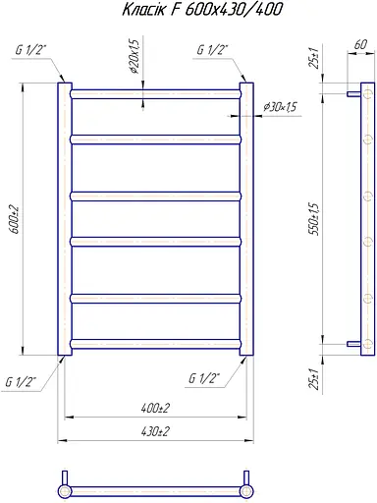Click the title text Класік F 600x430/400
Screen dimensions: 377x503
[202, 10]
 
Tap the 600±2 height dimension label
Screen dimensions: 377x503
[16, 220]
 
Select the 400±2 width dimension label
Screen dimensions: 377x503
[155, 408]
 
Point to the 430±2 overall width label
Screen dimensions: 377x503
[155, 431]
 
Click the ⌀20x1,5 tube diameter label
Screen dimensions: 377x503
[135, 57]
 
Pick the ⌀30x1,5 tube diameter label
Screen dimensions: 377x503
[280, 107]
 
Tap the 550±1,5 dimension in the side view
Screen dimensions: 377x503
[314, 219]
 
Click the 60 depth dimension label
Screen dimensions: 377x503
[360, 44]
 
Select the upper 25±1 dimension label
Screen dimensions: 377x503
[314, 58]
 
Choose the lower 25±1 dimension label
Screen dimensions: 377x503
[313, 379]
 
